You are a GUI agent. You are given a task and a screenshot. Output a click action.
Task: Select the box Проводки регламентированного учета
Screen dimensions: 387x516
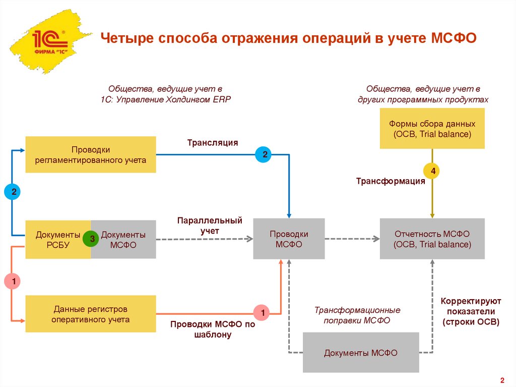click(91, 155)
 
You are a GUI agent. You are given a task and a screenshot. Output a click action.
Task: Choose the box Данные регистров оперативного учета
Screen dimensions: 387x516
click(91, 314)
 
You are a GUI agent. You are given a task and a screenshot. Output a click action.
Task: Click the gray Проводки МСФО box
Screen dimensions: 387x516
click(289, 239)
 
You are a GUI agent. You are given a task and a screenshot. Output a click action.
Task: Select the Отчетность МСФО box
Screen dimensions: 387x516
click(432, 239)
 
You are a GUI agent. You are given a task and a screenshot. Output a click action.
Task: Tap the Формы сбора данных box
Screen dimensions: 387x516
click(432, 129)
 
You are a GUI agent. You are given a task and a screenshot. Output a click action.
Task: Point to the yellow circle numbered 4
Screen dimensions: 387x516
click(432, 172)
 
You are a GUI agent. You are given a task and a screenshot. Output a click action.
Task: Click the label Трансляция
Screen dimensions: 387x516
click(212, 143)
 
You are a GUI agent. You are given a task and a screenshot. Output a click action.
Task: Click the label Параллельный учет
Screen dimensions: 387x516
click(210, 226)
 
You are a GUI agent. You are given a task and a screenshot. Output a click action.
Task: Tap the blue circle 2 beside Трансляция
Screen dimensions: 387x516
click(263, 154)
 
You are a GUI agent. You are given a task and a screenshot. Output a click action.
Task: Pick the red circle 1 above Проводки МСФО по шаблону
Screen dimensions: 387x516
click(261, 313)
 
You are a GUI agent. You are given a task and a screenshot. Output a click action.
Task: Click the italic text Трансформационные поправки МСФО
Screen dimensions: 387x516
click(358, 315)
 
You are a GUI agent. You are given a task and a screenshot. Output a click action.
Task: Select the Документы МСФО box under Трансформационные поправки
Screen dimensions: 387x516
click(361, 353)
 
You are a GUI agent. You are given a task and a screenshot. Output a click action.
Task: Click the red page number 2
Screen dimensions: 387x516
click(502, 380)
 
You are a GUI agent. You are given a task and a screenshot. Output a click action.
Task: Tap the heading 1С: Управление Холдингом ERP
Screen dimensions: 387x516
click(165, 99)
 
